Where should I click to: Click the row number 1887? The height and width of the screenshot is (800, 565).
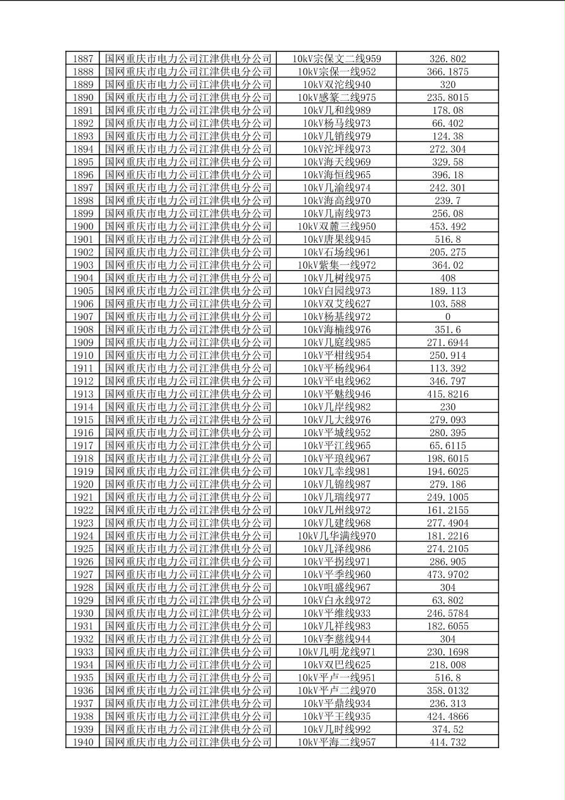(x=83, y=59)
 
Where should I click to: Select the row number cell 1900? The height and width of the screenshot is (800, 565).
(x=83, y=226)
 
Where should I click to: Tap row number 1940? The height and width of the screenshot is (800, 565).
(x=83, y=742)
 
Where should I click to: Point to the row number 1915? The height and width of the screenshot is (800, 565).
(x=83, y=420)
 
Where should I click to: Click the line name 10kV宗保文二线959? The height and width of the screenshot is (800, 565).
(x=336, y=59)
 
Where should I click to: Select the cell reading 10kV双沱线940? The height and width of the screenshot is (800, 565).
(x=336, y=84)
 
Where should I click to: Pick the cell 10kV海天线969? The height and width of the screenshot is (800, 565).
(x=336, y=162)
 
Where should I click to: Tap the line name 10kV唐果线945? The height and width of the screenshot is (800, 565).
(x=336, y=239)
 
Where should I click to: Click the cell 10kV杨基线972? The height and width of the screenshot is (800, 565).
(x=336, y=316)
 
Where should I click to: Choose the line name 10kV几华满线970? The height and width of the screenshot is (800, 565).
(x=336, y=536)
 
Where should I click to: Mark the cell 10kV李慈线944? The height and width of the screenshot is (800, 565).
(x=336, y=639)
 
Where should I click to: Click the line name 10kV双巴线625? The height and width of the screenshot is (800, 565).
(x=336, y=665)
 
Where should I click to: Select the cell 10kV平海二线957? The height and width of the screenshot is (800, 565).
(x=336, y=742)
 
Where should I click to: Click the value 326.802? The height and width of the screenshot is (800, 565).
(x=447, y=59)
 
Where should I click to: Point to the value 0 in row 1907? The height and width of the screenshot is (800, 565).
(x=447, y=316)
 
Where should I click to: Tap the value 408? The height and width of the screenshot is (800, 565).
(x=447, y=278)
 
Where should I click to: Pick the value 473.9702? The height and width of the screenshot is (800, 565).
(x=447, y=574)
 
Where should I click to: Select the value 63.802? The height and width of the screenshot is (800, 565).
(x=447, y=600)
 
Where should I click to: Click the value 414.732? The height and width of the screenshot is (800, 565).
(x=447, y=742)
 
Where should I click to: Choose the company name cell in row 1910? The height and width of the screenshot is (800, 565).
(x=188, y=355)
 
